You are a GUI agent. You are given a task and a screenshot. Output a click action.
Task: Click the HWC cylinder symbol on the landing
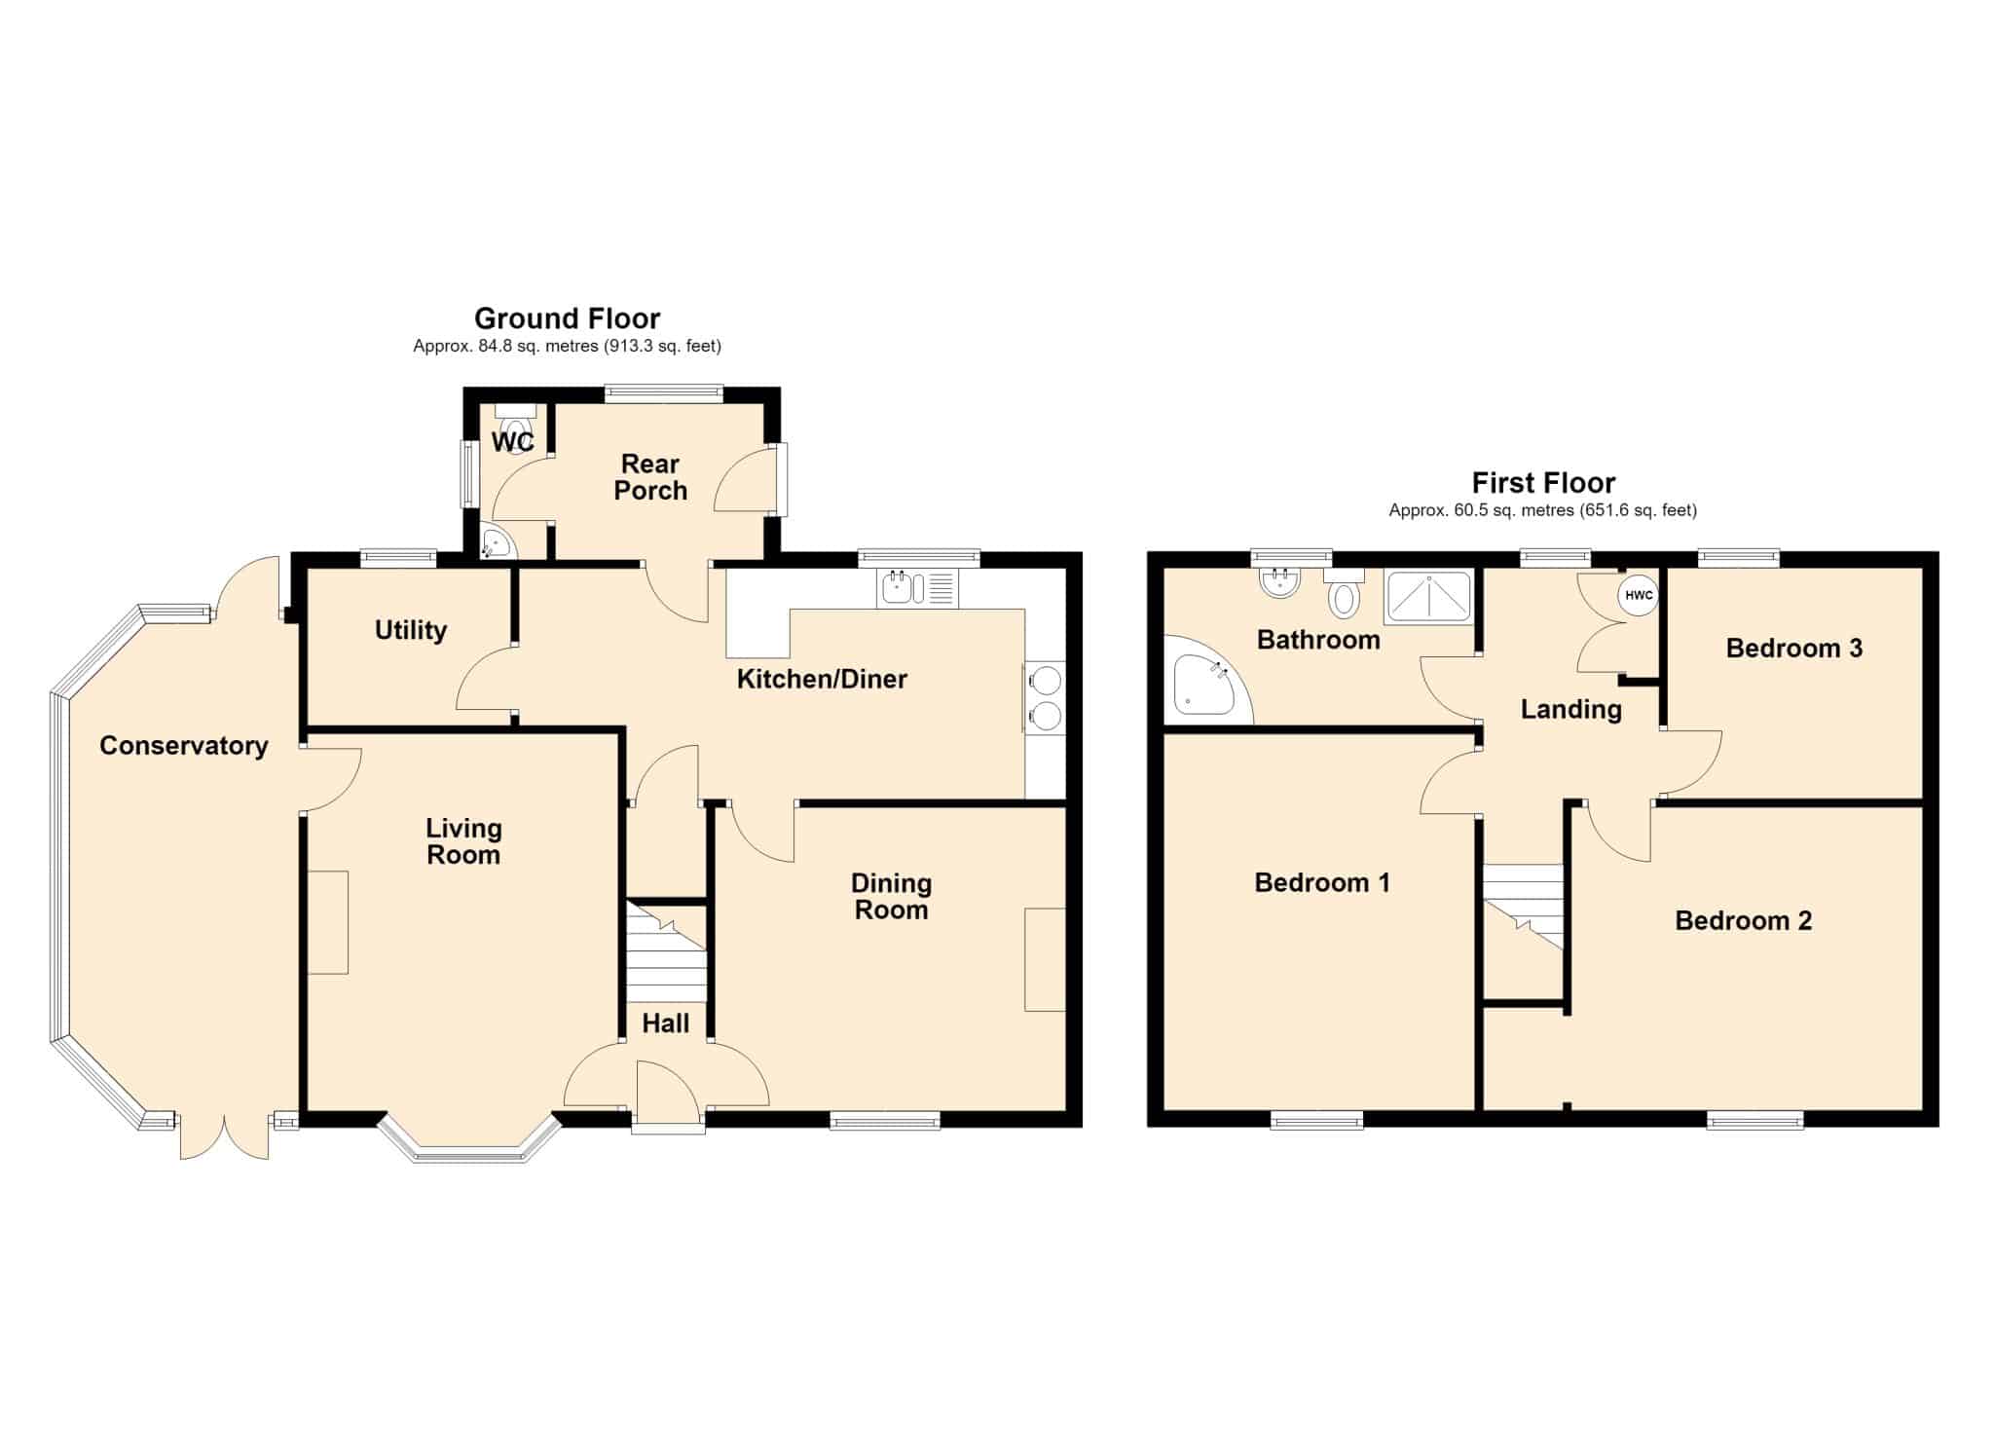[1639, 595]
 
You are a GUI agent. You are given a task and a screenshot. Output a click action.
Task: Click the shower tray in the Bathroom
[1428, 596]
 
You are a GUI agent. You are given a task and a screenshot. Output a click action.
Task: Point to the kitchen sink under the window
[919, 588]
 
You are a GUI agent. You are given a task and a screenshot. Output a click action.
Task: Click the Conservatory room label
[184, 746]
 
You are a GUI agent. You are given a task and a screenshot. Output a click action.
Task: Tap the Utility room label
[411, 631]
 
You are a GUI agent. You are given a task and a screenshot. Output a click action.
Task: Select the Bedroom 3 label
[1793, 649]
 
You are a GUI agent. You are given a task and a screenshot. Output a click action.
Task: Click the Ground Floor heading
[567, 318]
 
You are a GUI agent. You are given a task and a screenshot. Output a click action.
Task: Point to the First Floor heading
[1543, 483]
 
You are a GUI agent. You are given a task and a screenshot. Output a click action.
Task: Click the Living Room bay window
[470, 1139]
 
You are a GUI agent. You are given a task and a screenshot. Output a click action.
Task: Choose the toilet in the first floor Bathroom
[1344, 592]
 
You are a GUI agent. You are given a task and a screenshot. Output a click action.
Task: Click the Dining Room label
[891, 897]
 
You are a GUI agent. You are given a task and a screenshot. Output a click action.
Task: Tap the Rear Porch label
[650, 477]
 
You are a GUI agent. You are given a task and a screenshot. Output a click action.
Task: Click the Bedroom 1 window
[1316, 1121]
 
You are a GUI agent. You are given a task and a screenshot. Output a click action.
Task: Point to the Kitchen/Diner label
[822, 680]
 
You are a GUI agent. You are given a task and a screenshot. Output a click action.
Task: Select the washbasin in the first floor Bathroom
[1279, 581]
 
